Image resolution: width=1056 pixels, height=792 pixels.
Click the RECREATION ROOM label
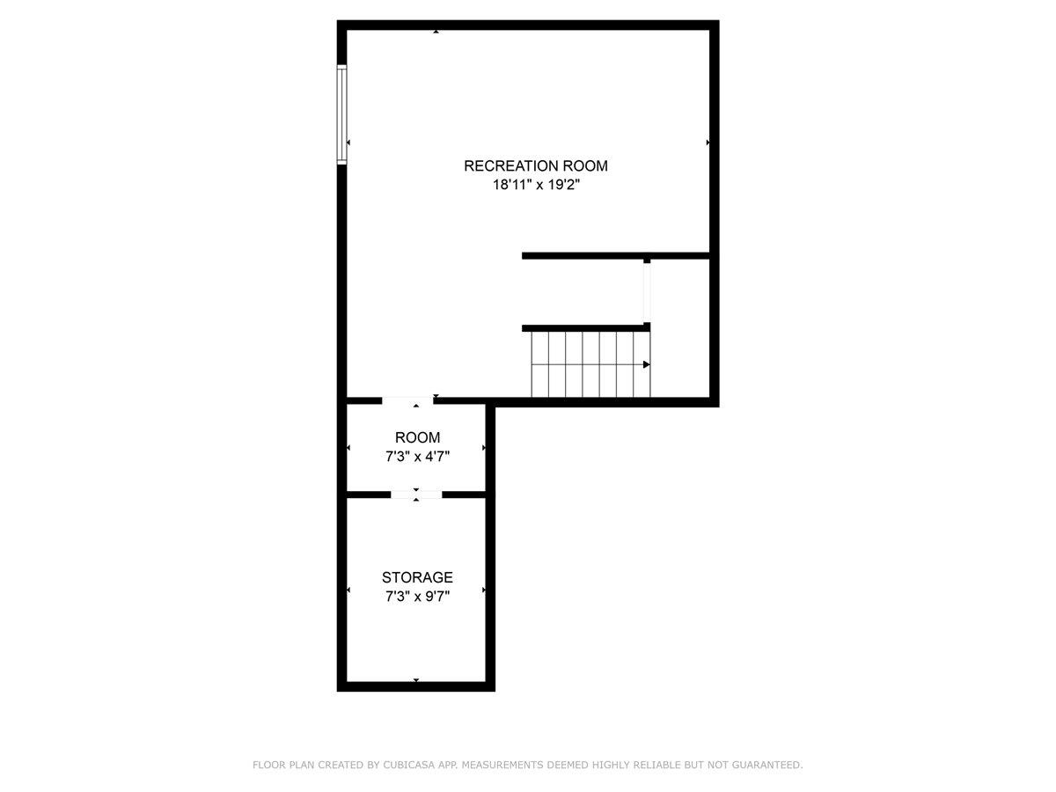tap(535, 165)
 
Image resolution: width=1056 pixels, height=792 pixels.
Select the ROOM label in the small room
tap(417, 437)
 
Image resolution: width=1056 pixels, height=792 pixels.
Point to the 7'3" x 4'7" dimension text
tap(417, 456)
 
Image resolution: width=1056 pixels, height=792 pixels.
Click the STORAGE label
tap(417, 577)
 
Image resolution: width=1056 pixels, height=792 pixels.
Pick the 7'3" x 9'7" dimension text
tap(417, 596)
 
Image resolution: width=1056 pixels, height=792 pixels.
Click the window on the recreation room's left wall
tap(342, 114)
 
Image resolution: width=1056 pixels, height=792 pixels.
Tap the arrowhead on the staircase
tap(647, 364)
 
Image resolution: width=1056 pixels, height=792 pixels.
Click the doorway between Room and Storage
tap(416, 495)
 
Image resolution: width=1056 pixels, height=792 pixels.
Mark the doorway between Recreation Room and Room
tap(408, 401)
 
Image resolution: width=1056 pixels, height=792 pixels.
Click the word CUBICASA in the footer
tap(410, 766)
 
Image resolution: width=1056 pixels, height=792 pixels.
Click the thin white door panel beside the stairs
tap(647, 293)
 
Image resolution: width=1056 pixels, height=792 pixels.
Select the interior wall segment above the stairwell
tap(616, 255)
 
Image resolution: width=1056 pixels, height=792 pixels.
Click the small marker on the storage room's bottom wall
tap(416, 680)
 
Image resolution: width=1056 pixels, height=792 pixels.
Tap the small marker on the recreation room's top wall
tap(436, 32)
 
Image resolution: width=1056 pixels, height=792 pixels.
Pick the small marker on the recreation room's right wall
tap(708, 142)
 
